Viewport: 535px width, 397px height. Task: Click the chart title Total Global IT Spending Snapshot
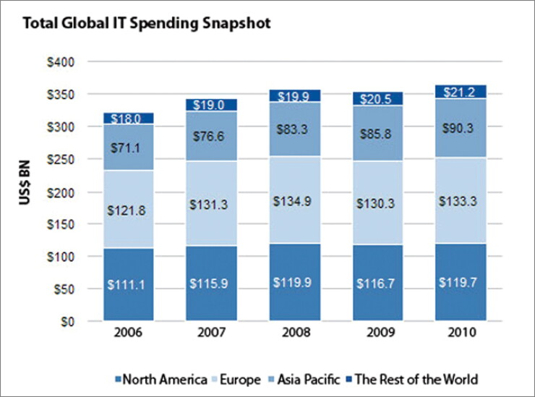coord(147,24)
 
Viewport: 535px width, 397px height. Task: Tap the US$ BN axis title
coord(25,183)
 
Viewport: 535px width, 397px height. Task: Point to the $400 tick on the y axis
coord(61,62)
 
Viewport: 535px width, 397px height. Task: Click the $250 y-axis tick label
coord(61,159)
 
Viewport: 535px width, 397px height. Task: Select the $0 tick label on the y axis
coord(67,322)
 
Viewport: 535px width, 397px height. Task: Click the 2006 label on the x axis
coord(128,332)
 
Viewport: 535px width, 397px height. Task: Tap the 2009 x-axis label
coord(380,332)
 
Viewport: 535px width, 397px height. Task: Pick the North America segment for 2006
coord(128,284)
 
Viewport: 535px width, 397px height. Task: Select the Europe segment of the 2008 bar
coord(295,200)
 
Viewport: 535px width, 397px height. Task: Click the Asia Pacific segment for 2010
coord(461,128)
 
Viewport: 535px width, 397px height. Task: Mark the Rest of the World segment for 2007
coord(212,105)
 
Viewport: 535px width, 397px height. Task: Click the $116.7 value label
coord(375,283)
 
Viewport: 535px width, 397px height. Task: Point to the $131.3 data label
coord(208,205)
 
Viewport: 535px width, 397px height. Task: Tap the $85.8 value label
coord(376,134)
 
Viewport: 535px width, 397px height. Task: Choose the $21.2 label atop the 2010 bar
coord(459,92)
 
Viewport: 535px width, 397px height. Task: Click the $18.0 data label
coord(126,119)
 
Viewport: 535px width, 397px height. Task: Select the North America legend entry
coord(161,379)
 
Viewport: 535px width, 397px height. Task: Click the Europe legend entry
coord(236,379)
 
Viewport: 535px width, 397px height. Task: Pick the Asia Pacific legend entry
coord(304,379)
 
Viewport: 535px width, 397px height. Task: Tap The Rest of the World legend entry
coord(412,379)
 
